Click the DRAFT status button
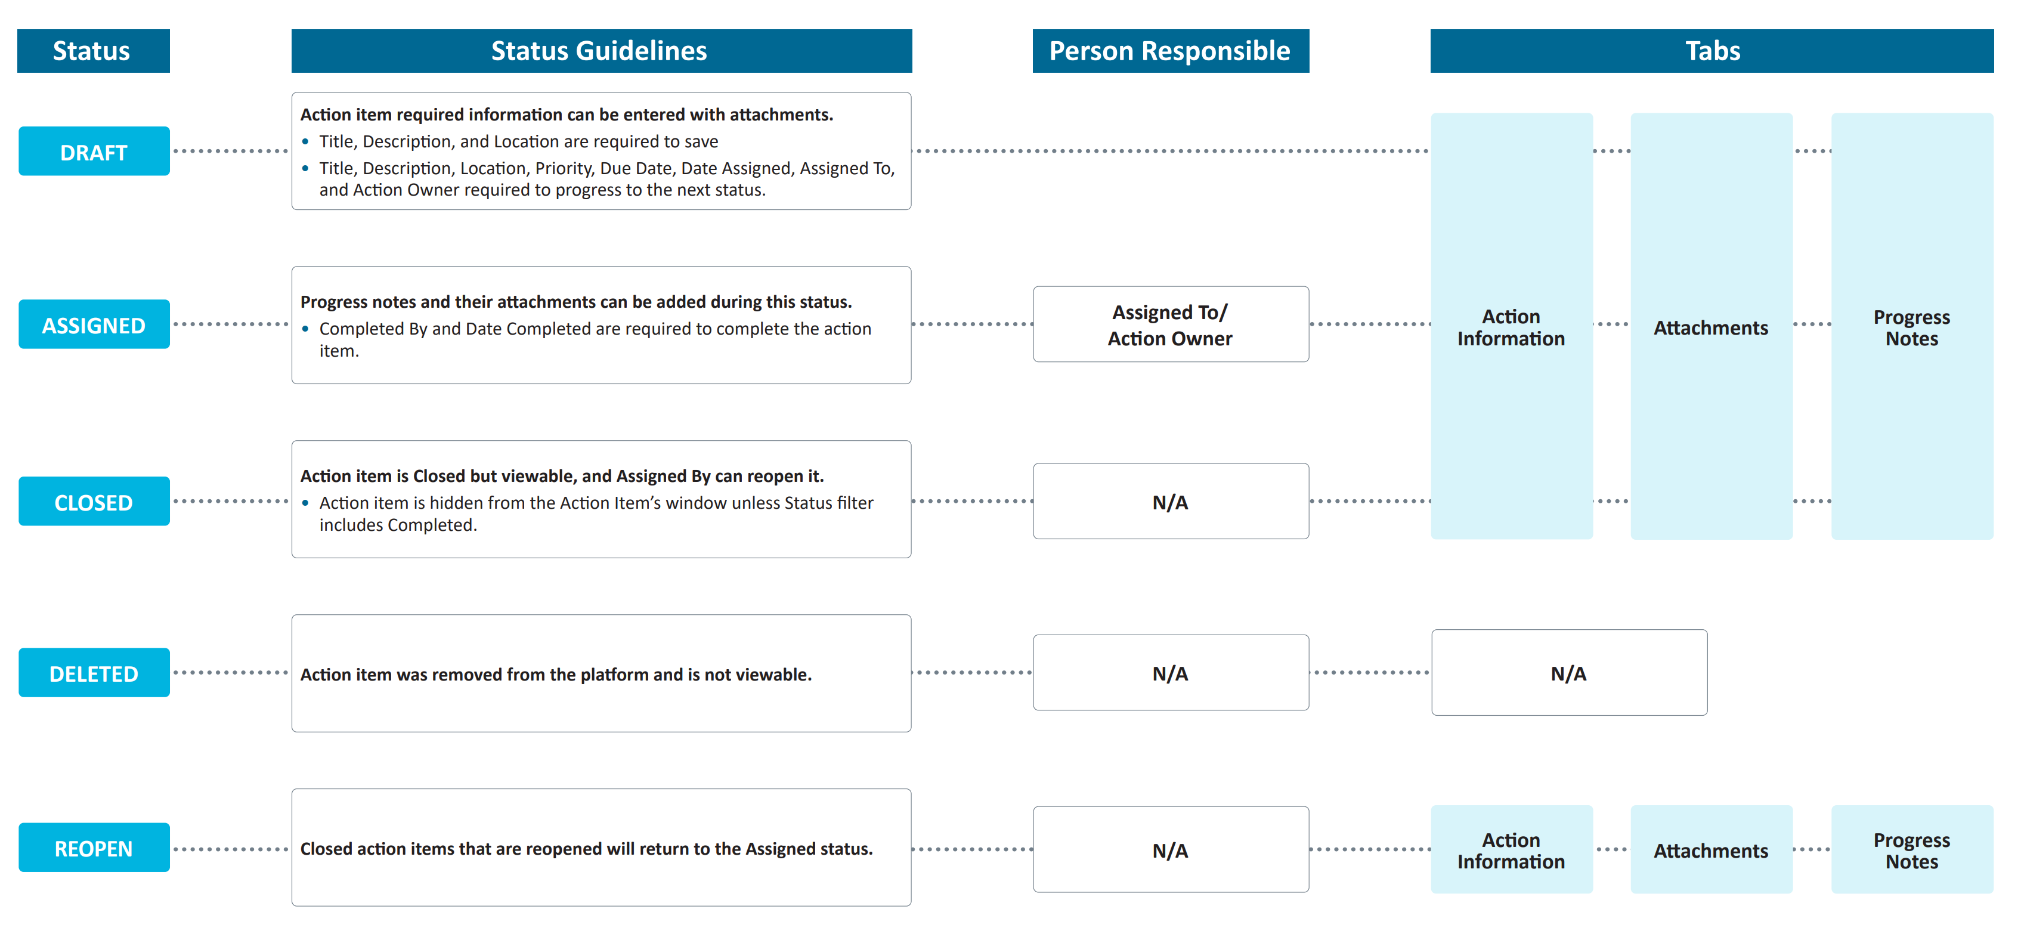[94, 151]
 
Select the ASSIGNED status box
[94, 324]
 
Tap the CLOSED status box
[94, 502]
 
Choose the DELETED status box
[94, 673]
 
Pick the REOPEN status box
[94, 848]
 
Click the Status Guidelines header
[602, 51]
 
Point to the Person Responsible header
[1171, 51]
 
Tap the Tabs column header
[1712, 51]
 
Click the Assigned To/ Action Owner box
[1171, 324]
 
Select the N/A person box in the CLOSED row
[1171, 502]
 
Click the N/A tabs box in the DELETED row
[1569, 673]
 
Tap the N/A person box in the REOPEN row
[1171, 849]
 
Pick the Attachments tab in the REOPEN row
[1711, 849]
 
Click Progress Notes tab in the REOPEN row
[1912, 849]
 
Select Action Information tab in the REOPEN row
[1511, 849]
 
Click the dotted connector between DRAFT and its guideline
[231, 151]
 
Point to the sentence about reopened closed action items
[586, 848]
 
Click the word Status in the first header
[92, 51]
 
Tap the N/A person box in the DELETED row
[1171, 673]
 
